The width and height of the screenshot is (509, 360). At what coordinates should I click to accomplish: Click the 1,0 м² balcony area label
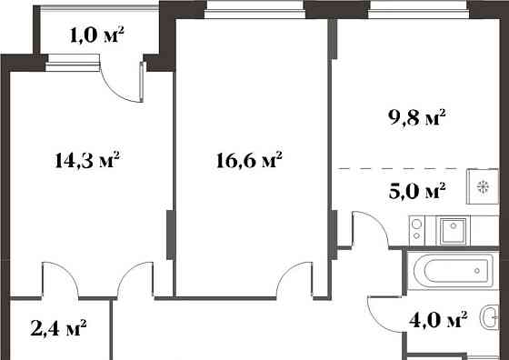[x=97, y=36]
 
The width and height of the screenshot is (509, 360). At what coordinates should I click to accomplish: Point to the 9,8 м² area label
[x=417, y=117]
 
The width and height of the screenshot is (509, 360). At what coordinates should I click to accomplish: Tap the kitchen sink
[x=453, y=230]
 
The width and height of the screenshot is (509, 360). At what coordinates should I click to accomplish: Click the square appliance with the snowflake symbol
[x=482, y=186]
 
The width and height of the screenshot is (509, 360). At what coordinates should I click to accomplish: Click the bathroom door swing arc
[x=382, y=314]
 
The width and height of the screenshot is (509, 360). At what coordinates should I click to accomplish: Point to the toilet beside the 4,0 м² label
[x=492, y=319]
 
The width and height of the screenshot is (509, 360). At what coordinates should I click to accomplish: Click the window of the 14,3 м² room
[x=72, y=62]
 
